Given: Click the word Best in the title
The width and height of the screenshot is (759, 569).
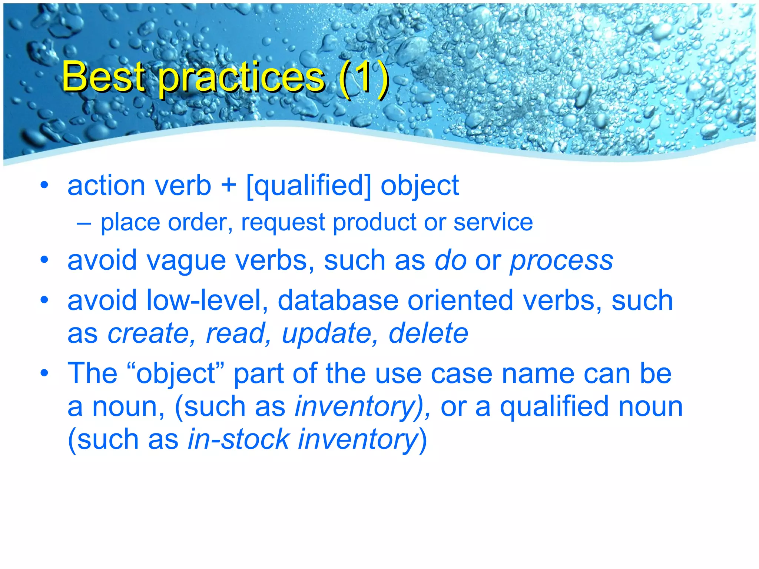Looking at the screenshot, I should [103, 77].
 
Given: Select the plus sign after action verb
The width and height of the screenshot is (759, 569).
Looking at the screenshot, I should [229, 185].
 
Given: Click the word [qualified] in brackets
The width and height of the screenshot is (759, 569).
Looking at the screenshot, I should [309, 186].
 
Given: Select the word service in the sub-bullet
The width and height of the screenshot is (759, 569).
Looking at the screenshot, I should [493, 222].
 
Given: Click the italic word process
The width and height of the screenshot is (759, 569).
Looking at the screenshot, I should [561, 261].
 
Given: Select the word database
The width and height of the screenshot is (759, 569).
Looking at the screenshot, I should [338, 300].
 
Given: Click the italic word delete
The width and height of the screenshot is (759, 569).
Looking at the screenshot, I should [428, 333].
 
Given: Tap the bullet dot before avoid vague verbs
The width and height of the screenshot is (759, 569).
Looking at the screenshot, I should [44, 260].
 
